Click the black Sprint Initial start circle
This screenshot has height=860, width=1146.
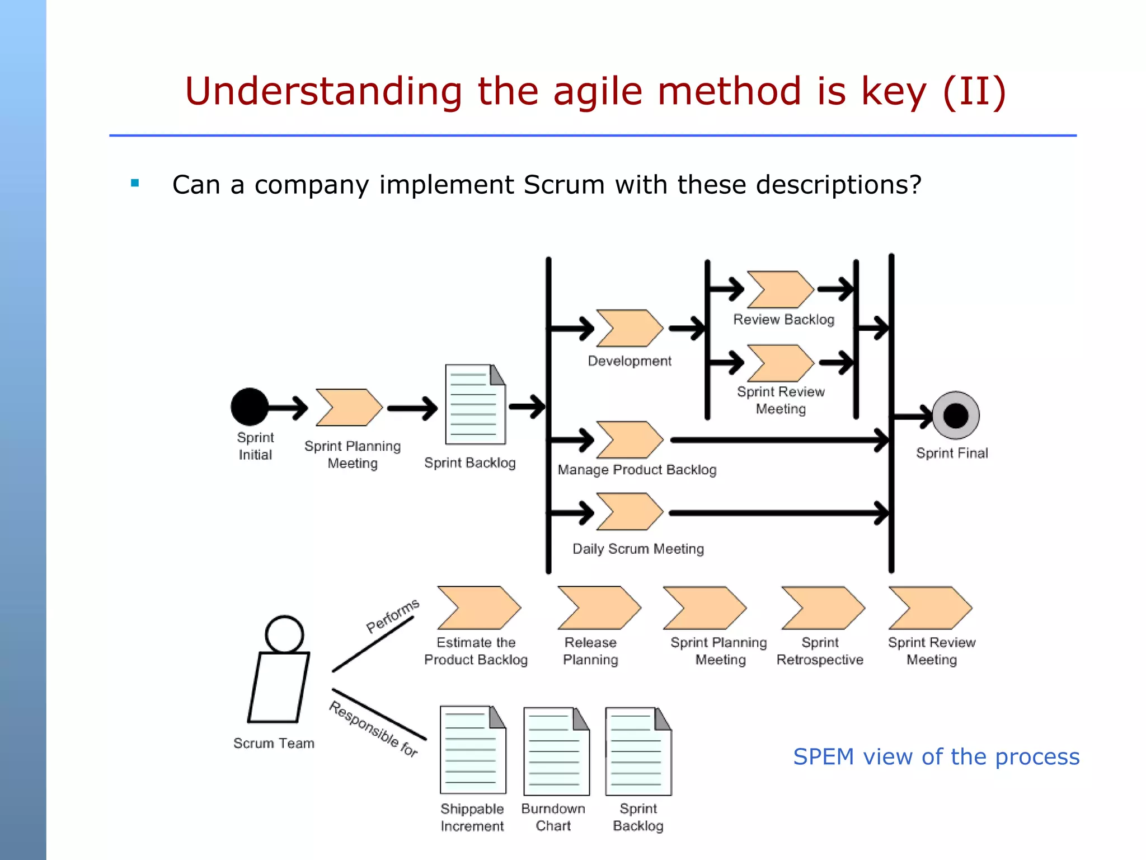(250, 407)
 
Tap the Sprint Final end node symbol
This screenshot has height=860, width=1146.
(955, 415)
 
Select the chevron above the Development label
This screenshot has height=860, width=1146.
(629, 328)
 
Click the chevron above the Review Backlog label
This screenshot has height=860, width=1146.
(780, 289)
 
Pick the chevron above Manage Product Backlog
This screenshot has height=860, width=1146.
(629, 440)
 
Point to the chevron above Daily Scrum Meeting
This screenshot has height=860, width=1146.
(629, 512)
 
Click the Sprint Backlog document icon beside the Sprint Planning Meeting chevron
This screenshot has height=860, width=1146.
(475, 404)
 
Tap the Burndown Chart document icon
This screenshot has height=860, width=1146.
(556, 751)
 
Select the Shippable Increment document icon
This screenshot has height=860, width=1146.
(473, 750)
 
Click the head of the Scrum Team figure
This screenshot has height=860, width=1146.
(284, 634)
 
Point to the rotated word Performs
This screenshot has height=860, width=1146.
(392, 615)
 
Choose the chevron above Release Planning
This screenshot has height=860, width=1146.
(598, 608)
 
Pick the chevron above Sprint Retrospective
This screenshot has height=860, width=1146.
(822, 608)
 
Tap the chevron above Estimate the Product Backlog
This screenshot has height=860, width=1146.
(478, 608)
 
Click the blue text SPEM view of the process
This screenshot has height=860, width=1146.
(936, 757)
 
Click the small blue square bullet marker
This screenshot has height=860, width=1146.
(135, 183)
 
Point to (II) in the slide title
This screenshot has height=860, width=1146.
(974, 91)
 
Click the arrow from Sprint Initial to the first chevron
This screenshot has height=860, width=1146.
(288, 408)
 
